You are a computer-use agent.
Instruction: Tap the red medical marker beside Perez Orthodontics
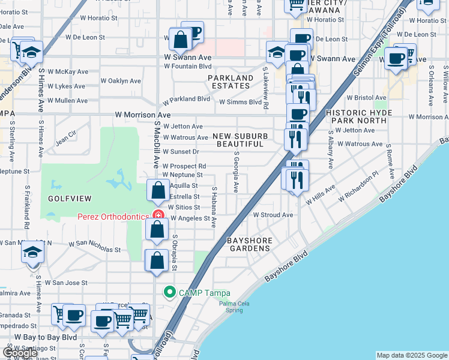click(158, 215)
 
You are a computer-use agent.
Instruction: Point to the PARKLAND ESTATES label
click(231, 82)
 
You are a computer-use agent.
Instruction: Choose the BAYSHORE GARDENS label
click(250, 244)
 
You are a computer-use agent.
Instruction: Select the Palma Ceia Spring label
click(234, 306)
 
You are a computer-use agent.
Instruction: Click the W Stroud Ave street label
click(273, 215)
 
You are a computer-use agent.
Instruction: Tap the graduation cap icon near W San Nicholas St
click(32, 252)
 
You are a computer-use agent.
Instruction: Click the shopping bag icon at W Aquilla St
click(157, 191)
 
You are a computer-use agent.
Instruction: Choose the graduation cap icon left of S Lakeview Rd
click(277, 52)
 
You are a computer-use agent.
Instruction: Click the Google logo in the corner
click(20, 353)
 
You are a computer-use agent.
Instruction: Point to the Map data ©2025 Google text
click(411, 355)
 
